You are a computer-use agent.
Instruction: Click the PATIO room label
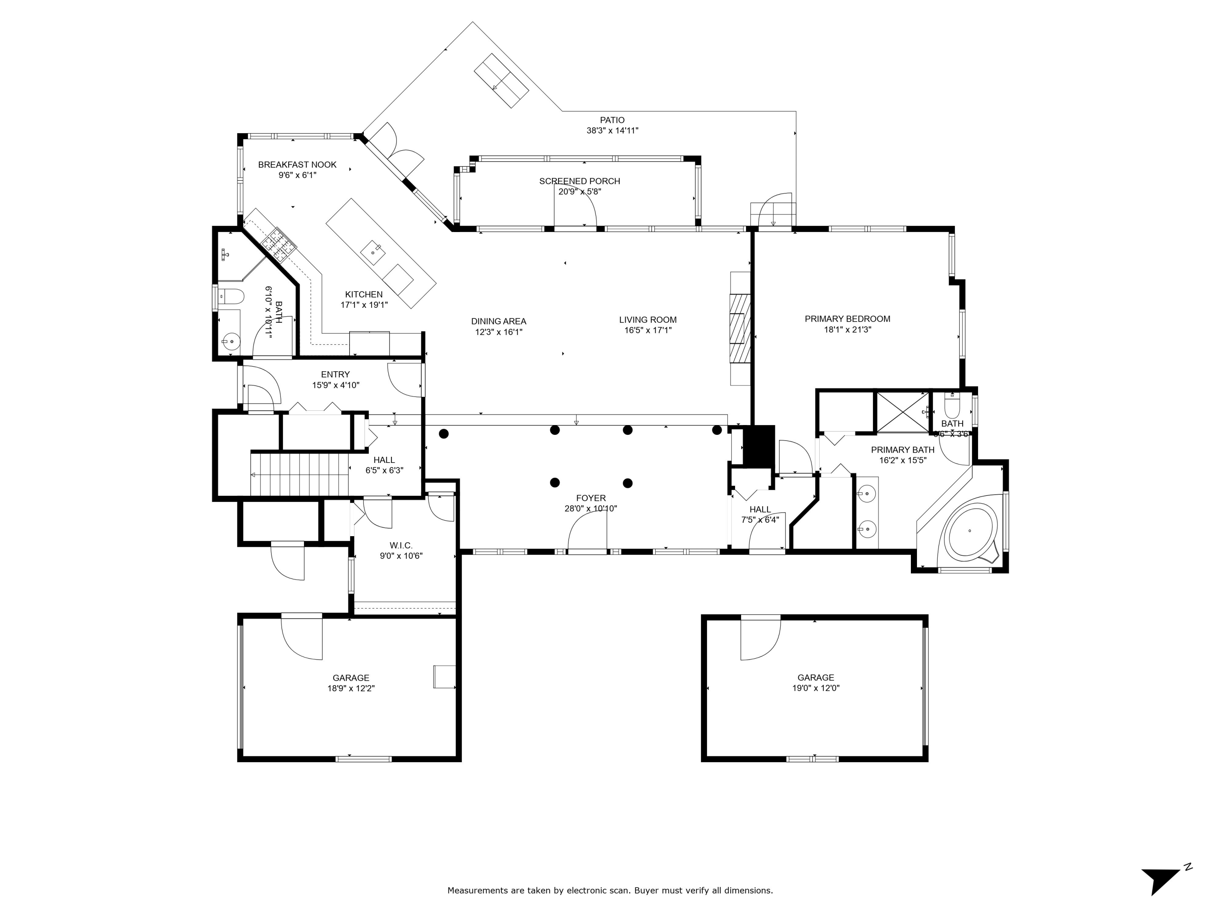612,120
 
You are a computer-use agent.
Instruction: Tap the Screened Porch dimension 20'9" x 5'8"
579,192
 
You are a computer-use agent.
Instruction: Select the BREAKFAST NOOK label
297,164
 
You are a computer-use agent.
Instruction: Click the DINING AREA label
499,321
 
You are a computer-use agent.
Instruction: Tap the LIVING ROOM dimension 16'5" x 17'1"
648,330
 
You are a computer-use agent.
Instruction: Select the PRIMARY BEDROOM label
847,319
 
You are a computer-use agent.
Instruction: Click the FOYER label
591,498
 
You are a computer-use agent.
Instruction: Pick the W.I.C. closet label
401,546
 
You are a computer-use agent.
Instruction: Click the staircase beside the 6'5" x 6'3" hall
300,474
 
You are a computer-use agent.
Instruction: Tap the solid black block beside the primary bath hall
759,445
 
